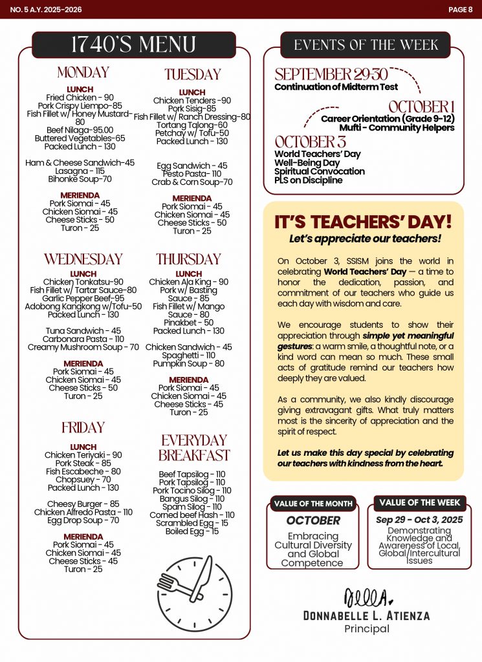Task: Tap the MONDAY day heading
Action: click(83, 72)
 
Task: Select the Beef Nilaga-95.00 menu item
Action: click(80, 130)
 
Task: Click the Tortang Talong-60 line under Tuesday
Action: click(192, 125)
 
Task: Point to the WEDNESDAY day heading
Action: click(83, 259)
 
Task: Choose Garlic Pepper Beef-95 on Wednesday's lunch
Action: click(83, 298)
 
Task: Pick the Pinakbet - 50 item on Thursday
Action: click(188, 323)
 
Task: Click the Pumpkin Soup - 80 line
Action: click(188, 363)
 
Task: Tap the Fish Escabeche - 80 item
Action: click(83, 471)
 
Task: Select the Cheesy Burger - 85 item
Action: click(83, 504)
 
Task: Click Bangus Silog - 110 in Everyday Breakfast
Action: click(192, 498)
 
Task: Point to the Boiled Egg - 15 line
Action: click(192, 531)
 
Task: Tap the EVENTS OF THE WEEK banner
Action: click(366, 45)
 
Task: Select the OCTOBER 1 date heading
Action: click(422, 107)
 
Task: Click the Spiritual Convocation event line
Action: click(319, 171)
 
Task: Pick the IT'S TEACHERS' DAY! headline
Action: click(363, 222)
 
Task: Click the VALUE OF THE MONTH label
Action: click(312, 504)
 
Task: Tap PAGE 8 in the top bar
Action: click(460, 9)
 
